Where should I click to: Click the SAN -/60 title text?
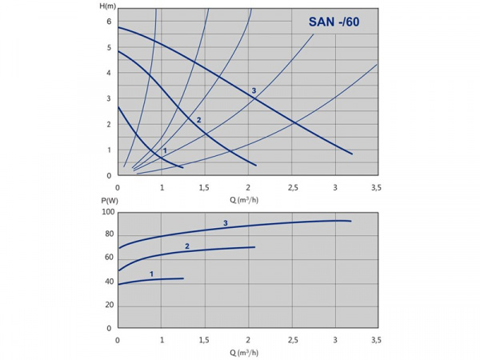(x=334, y=22)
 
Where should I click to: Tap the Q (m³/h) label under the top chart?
(x=247, y=199)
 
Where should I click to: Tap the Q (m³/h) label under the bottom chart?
(x=247, y=352)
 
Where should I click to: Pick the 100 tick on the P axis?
(x=106, y=212)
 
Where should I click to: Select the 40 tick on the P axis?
(x=108, y=282)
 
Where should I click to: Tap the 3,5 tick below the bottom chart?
(x=377, y=340)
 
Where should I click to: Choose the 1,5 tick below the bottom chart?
(x=204, y=340)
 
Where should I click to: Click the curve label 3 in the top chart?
(x=254, y=91)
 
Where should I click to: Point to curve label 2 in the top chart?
(x=198, y=120)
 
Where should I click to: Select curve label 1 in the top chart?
(x=165, y=150)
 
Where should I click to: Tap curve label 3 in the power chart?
(x=226, y=223)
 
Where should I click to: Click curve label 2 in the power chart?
(x=187, y=246)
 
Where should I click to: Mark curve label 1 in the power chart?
(x=151, y=274)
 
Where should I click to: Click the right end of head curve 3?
(x=352, y=154)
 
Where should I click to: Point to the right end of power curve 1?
(x=183, y=278)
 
